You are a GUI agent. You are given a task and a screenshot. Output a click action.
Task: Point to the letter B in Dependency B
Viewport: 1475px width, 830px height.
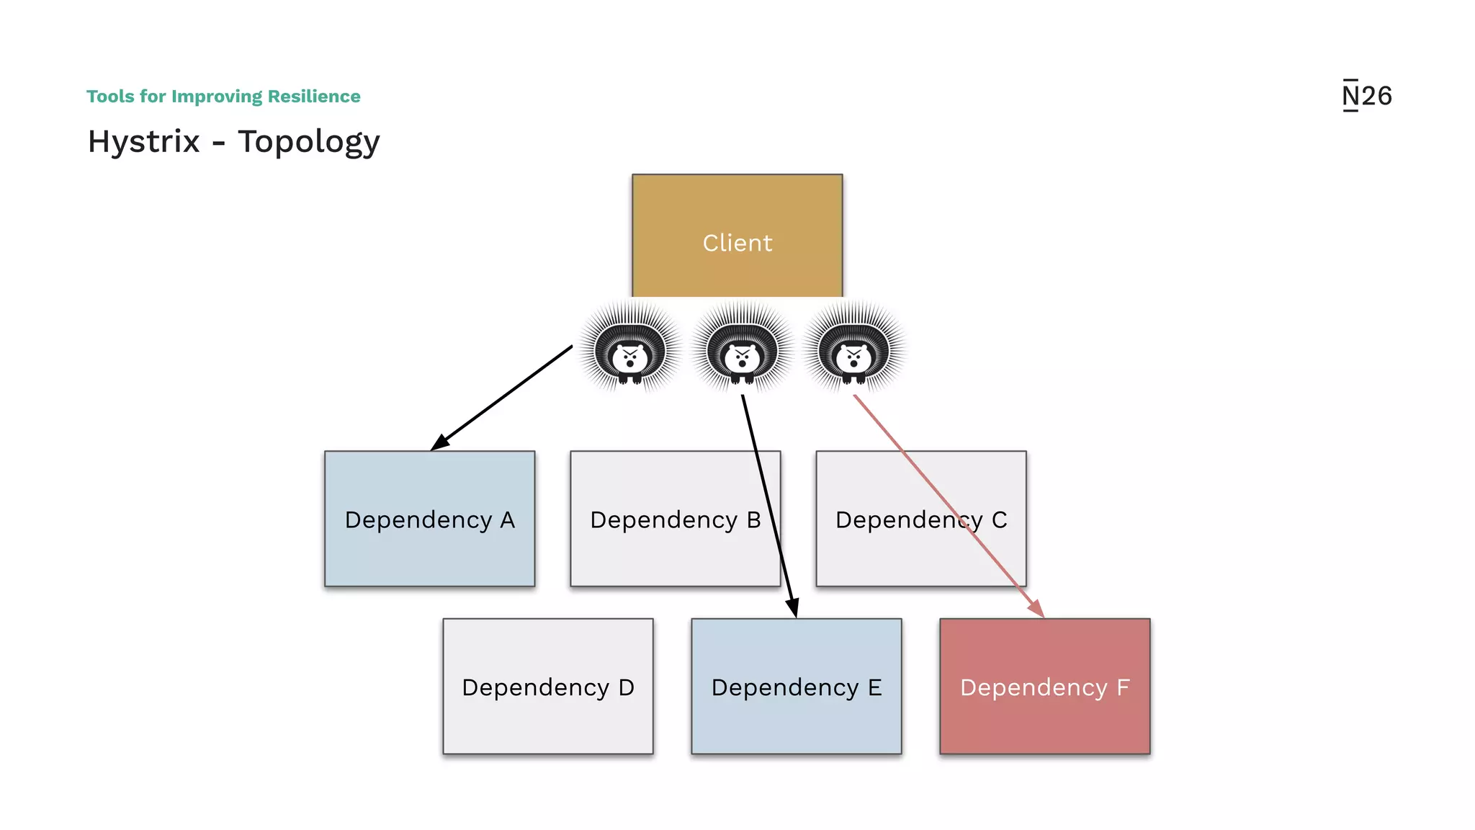pos(753,520)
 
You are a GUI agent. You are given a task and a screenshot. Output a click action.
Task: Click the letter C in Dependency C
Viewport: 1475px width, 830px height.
pos(999,520)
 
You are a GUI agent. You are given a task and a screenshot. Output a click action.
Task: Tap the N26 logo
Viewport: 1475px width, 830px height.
pos(1366,96)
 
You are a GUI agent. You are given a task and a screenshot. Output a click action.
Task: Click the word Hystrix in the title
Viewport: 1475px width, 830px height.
pos(143,141)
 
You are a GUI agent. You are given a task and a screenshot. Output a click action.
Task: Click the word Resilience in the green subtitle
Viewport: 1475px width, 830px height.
pos(314,97)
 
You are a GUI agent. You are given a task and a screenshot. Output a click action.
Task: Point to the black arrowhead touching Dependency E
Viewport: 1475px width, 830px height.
pos(793,608)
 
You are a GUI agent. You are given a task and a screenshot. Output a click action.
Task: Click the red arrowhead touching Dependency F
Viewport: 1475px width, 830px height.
pos(1036,609)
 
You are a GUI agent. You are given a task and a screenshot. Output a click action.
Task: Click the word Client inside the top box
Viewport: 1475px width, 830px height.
pos(737,243)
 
